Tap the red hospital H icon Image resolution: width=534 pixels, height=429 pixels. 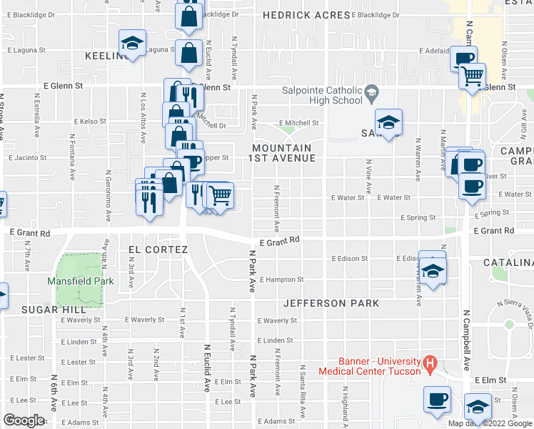430,364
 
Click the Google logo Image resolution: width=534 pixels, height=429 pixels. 24,420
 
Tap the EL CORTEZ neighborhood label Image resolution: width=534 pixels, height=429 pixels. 157,250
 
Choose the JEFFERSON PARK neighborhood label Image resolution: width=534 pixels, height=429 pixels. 331,303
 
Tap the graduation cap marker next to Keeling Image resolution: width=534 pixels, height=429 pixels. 133,44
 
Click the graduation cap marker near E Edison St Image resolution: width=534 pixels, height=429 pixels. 432,270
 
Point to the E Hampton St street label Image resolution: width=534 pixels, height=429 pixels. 282,280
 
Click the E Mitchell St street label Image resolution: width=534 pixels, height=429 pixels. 299,123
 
